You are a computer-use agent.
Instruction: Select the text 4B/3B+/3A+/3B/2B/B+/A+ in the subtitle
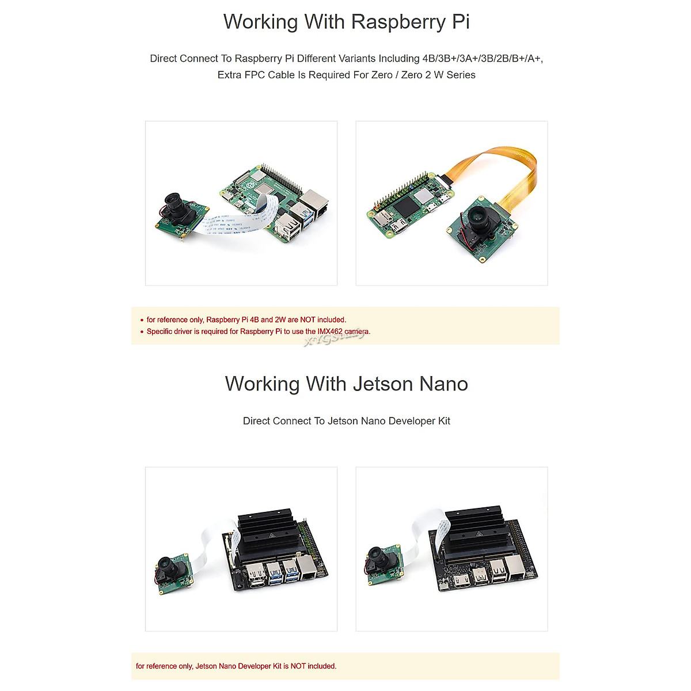pos(482,59)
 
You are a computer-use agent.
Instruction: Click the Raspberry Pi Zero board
pos(409,210)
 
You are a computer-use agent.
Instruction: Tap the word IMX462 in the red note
pos(330,332)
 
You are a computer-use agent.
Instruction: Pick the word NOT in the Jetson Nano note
pos(298,666)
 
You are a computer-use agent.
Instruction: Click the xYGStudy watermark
pos(334,340)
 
